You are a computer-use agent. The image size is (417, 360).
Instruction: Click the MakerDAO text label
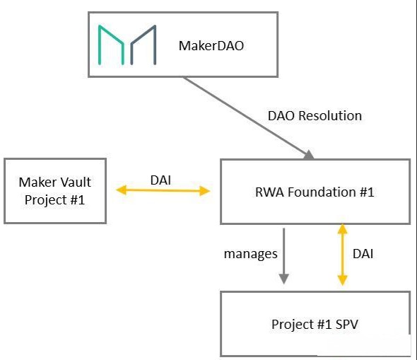click(211, 46)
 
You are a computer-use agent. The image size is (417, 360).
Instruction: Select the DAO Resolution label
click(315, 116)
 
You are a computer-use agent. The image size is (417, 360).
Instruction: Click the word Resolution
click(330, 116)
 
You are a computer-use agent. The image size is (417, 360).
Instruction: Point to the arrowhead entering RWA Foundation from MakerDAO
click(309, 155)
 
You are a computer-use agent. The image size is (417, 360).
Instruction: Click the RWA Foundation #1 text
click(315, 192)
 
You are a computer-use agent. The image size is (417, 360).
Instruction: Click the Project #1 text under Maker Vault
click(54, 200)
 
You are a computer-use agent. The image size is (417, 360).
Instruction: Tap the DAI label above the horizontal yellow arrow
click(160, 180)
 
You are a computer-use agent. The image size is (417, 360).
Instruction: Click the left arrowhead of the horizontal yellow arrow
click(122, 190)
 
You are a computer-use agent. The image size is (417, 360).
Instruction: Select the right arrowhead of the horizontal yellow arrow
click(205, 191)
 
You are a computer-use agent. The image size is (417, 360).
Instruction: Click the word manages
click(250, 254)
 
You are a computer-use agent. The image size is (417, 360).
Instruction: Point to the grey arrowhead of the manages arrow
click(283, 279)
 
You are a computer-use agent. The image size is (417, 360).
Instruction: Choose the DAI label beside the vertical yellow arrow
click(363, 254)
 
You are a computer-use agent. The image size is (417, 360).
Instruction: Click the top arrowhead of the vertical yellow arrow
click(342, 229)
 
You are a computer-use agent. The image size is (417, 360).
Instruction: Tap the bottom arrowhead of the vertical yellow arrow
click(342, 281)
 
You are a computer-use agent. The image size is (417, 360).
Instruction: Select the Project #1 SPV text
click(315, 325)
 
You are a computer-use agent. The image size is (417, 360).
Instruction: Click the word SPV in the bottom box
click(347, 325)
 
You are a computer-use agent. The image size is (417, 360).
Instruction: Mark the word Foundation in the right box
click(322, 192)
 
